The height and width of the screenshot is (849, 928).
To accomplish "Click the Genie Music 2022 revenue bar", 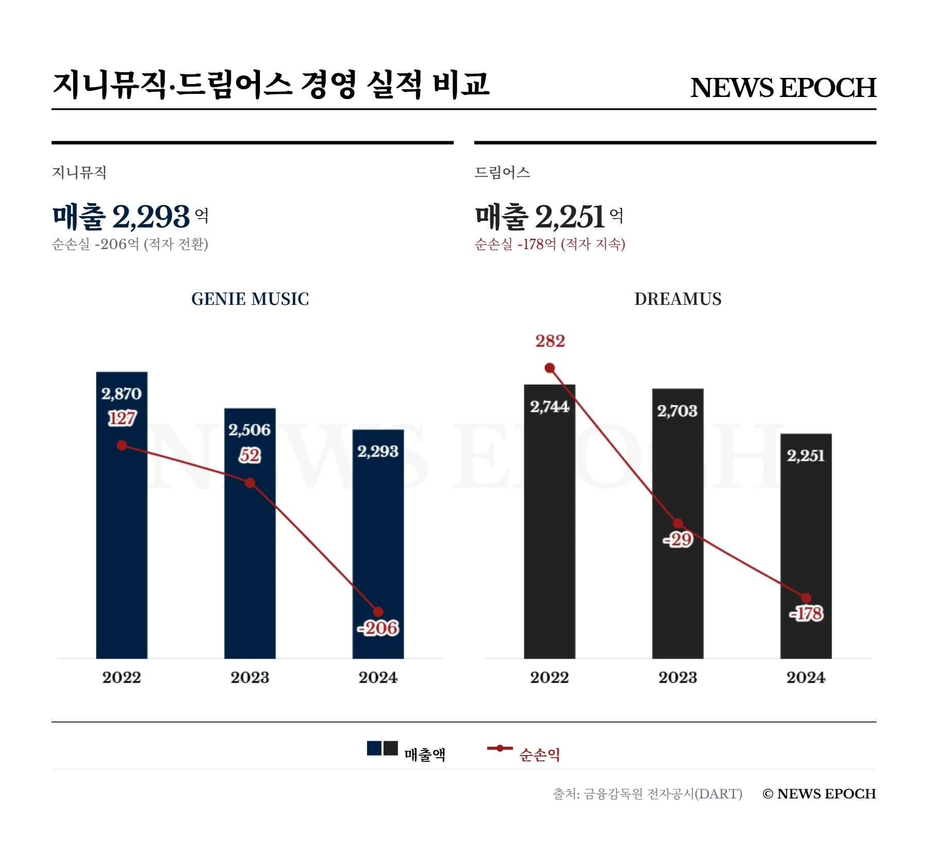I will click(122, 542).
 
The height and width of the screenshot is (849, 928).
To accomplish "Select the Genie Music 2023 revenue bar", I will click(250, 567).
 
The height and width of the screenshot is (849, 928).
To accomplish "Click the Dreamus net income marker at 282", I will click(550, 368).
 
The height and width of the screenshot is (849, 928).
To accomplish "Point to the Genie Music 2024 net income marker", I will click(378, 612).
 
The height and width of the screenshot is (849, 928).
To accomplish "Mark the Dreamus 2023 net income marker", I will click(678, 524).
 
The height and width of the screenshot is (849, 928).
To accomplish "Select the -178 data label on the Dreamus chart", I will click(807, 614).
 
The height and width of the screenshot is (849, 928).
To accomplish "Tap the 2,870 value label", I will click(122, 394).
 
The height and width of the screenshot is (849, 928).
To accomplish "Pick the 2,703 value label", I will click(677, 411).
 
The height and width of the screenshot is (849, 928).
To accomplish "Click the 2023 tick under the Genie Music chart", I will click(250, 677).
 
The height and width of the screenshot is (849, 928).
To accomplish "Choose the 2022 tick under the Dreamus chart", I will click(550, 677).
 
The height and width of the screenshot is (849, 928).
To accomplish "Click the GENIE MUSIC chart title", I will click(250, 299).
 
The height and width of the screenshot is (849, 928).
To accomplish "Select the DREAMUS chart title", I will click(677, 299).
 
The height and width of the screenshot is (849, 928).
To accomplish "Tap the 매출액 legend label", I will click(425, 755).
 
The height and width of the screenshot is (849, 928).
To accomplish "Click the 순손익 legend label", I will click(539, 755).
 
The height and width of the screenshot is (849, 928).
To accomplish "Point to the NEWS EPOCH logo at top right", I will click(783, 88).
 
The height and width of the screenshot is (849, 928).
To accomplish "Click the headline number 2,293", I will click(151, 217).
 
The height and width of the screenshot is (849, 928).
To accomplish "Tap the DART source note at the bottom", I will click(648, 794).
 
